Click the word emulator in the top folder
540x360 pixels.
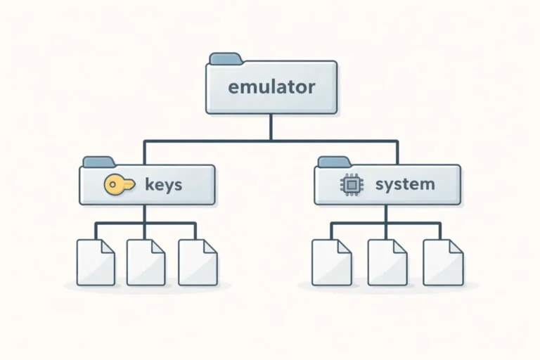271,88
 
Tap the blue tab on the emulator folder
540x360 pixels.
226,58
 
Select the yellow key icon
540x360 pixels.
118,185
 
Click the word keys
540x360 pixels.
163,185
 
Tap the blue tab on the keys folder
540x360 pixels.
98,162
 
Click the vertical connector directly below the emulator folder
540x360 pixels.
271,127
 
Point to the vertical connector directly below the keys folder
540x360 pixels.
145,214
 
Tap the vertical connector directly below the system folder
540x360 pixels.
387,214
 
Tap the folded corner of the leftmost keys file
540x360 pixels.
108,245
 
